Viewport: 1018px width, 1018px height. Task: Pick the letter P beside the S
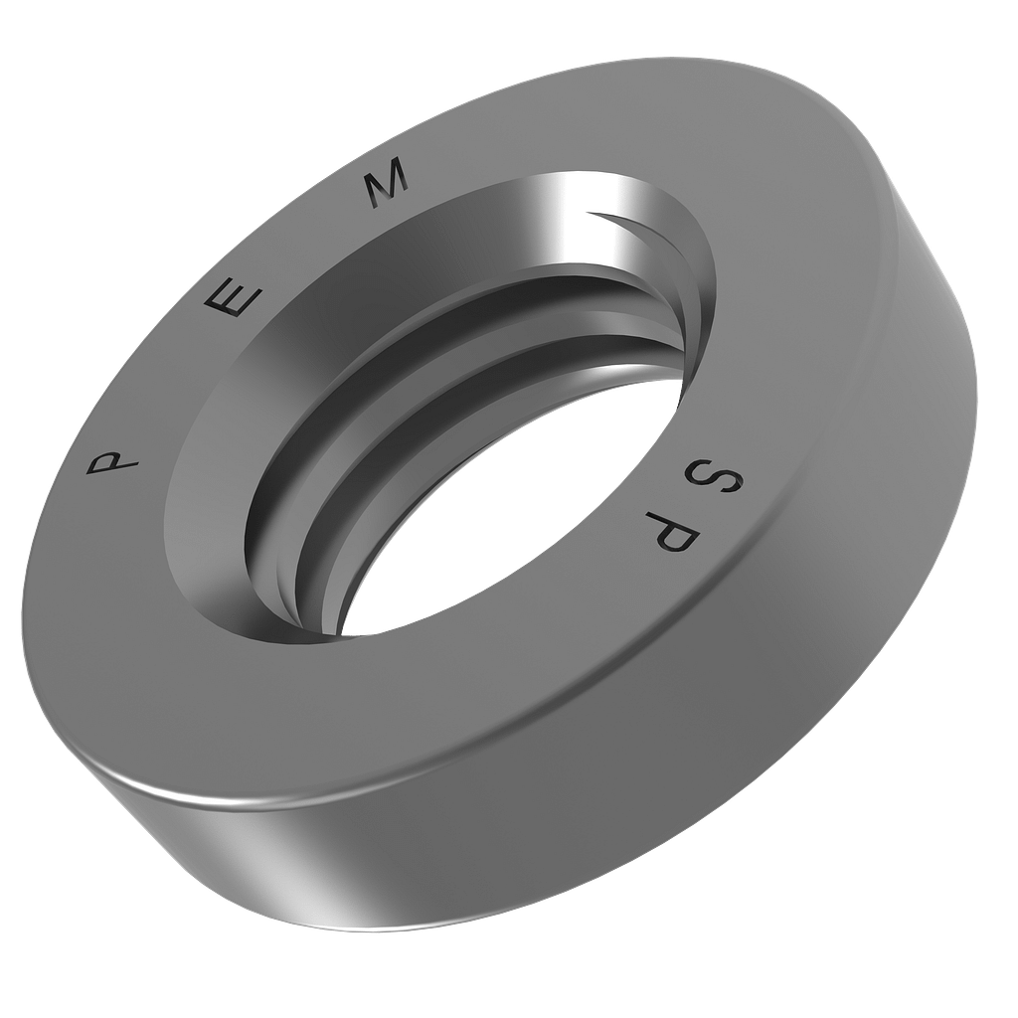(675, 533)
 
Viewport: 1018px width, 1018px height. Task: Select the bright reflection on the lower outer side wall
(288, 875)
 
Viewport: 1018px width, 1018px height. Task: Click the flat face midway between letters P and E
(169, 378)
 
